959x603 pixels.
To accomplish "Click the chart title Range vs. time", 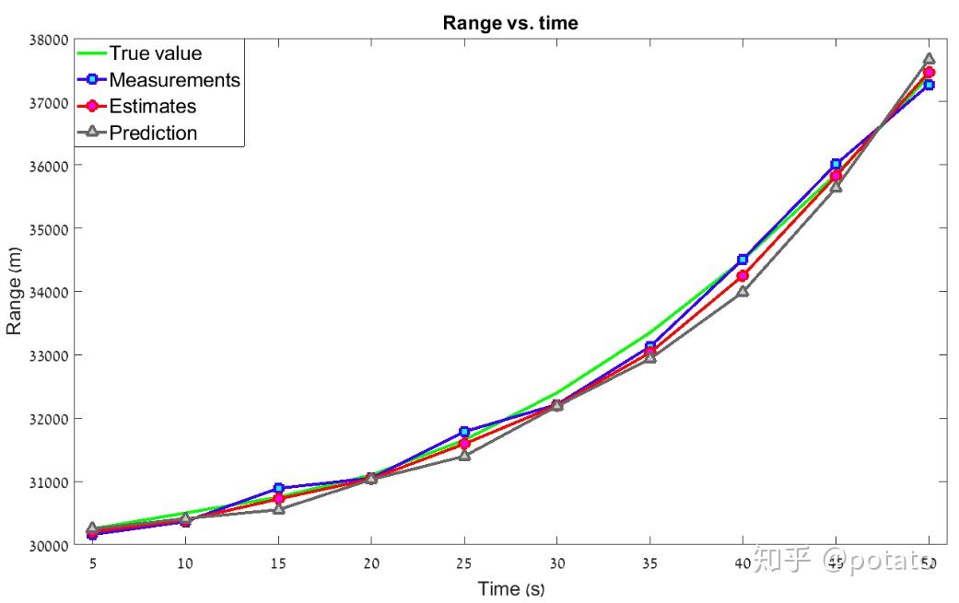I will pyautogui.click(x=510, y=23).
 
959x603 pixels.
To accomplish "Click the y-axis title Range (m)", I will pyautogui.click(x=14, y=292).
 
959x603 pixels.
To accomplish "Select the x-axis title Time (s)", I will pyautogui.click(x=511, y=588).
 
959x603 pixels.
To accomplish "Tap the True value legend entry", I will pyautogui.click(x=155, y=53).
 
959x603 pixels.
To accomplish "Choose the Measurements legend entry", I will pyautogui.click(x=174, y=80).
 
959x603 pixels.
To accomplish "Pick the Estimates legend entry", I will pyautogui.click(x=152, y=107).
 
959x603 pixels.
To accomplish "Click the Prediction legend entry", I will pyautogui.click(x=153, y=133).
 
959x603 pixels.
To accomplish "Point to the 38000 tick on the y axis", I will pyautogui.click(x=50, y=40).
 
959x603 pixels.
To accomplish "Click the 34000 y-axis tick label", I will pyautogui.click(x=50, y=292).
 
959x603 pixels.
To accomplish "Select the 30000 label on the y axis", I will pyautogui.click(x=50, y=545).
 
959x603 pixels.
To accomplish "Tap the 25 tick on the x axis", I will pyautogui.click(x=464, y=562).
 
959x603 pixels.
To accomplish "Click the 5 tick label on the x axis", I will pyautogui.click(x=92, y=562).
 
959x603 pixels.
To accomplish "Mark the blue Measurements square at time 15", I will pyautogui.click(x=278, y=488).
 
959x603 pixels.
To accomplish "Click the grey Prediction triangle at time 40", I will pyautogui.click(x=743, y=291).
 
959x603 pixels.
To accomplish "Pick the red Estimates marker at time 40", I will pyautogui.click(x=743, y=275).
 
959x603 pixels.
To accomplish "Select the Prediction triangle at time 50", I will pyautogui.click(x=929, y=59).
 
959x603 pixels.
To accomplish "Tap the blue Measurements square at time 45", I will pyautogui.click(x=836, y=164).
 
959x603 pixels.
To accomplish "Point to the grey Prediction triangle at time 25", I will pyautogui.click(x=464, y=455).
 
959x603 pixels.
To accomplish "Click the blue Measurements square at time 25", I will pyautogui.click(x=464, y=431).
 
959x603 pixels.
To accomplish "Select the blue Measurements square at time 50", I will pyautogui.click(x=929, y=85).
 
